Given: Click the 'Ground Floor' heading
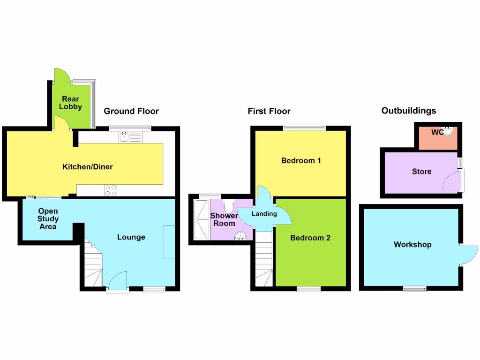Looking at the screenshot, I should point(131,111).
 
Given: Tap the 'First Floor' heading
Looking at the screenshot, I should point(269,111).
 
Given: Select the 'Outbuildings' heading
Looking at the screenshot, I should point(409,111).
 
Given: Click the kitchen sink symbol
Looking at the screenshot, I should point(125,136).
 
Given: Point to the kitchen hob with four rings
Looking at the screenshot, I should point(111,190).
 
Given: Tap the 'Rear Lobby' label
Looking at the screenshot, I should point(70,103).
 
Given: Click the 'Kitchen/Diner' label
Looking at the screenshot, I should point(88,166).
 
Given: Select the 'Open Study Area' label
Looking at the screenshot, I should point(48,219).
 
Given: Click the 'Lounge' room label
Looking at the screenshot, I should point(131,237).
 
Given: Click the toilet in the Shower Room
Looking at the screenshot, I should point(229,206).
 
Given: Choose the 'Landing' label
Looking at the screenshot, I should point(264,214).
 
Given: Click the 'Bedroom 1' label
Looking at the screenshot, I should point(301,161).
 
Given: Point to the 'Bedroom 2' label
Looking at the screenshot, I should point(310,238).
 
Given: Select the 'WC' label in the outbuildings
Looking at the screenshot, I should point(437,132).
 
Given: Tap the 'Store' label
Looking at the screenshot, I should point(421,172).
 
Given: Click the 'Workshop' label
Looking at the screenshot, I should point(412,245).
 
